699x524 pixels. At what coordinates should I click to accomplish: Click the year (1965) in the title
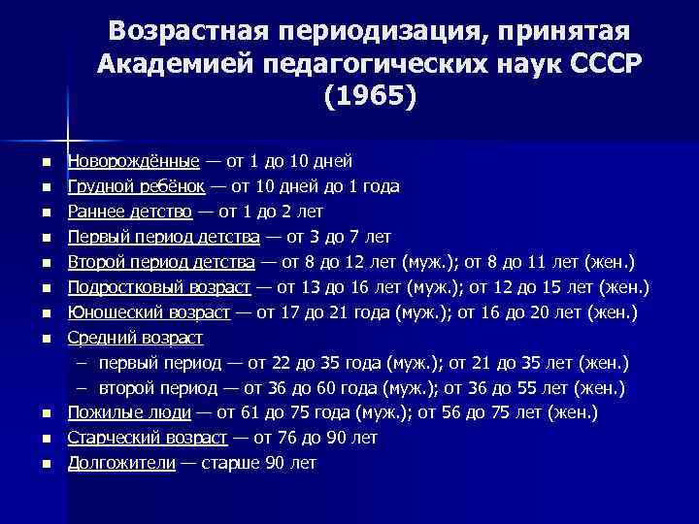pyautogui.click(x=367, y=98)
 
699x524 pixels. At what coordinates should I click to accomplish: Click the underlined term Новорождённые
pyautogui.click(x=133, y=160)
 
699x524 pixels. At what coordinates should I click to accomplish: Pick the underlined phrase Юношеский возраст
pyautogui.click(x=149, y=312)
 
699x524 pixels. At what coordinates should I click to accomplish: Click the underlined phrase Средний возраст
pyautogui.click(x=135, y=338)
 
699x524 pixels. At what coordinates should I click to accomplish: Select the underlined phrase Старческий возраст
pyautogui.click(x=148, y=439)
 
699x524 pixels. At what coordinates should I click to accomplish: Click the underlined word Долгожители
pyautogui.click(x=121, y=464)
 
